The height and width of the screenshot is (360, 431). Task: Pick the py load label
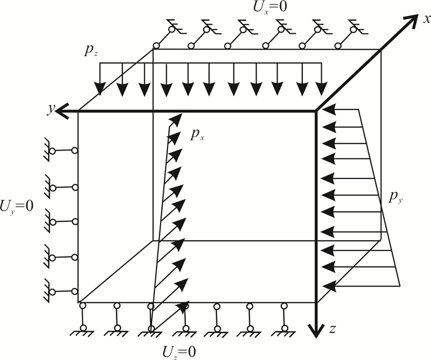396,198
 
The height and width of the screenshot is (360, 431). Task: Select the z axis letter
332,329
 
